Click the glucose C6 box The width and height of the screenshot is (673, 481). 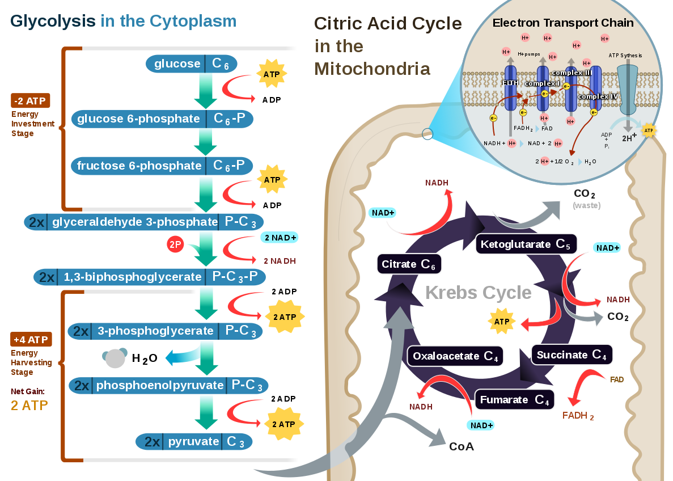(191, 64)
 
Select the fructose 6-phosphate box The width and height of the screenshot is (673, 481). (162, 166)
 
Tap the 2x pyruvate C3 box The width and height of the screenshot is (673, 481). (194, 442)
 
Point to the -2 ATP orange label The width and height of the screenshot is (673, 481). (31, 101)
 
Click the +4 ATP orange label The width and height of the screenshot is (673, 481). (31, 339)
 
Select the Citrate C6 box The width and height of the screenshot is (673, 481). (409, 264)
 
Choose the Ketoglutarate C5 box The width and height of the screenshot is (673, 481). (526, 244)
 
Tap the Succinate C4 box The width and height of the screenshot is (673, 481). (572, 355)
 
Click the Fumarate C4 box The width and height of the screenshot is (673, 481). (514, 400)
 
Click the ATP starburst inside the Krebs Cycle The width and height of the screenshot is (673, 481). (502, 322)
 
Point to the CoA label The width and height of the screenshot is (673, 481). (462, 446)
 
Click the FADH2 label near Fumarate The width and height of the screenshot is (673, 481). (578, 416)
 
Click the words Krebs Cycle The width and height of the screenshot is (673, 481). (478, 293)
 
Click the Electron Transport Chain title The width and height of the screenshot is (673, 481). (563, 23)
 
